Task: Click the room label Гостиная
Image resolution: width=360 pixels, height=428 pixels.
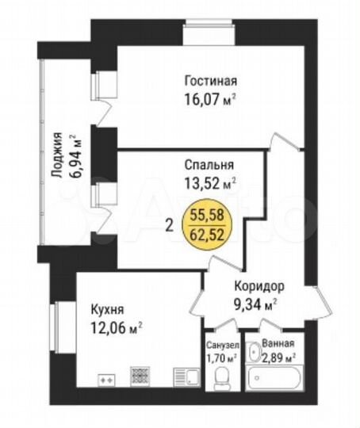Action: pos(211,81)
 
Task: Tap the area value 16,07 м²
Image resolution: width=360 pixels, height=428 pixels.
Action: pos(210,100)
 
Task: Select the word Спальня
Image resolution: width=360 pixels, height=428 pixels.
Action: pos(209,166)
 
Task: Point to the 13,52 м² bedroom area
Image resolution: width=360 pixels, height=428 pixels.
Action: pos(209,185)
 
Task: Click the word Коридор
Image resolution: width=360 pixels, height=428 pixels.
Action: pos(259,286)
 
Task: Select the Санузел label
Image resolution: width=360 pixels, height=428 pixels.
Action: pos(220,345)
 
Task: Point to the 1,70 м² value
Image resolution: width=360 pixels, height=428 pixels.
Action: pos(220,357)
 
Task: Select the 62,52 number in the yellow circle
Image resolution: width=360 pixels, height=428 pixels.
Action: pos(205,232)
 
